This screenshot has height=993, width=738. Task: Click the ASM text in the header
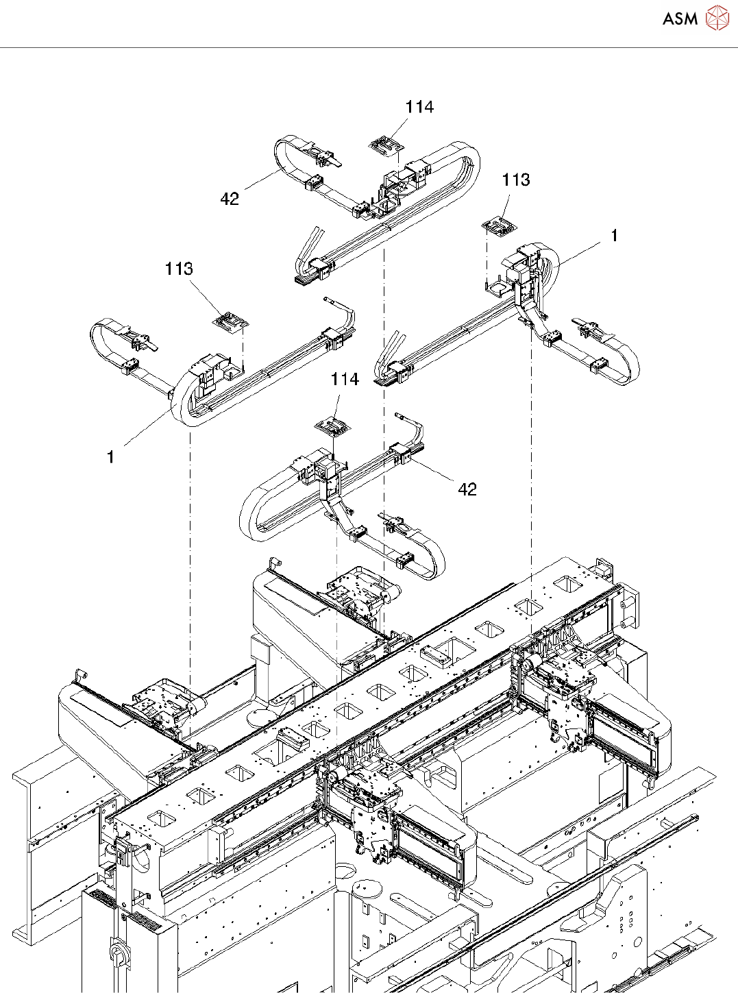click(680, 19)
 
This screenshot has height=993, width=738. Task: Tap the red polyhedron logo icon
click(717, 19)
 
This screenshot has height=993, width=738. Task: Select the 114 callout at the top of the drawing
click(419, 107)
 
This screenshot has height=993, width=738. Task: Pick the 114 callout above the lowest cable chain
click(345, 379)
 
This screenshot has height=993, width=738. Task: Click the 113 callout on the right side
click(516, 180)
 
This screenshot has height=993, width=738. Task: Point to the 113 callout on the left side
click(179, 269)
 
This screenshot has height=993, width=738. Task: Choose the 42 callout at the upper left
click(230, 199)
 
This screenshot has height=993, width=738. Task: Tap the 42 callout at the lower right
click(467, 489)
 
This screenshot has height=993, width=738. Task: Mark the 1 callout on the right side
click(615, 236)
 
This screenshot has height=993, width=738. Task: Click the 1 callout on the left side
click(110, 457)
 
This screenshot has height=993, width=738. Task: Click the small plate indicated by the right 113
click(500, 227)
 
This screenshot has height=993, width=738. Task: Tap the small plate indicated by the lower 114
click(333, 428)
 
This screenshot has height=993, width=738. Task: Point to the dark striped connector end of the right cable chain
click(384, 382)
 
